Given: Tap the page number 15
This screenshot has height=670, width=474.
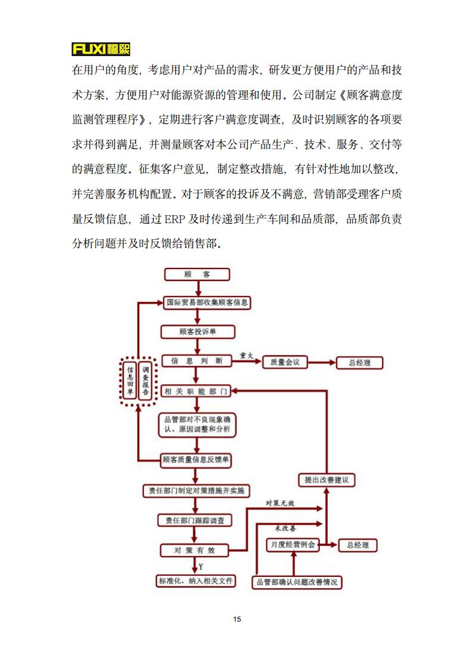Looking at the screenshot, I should pos(237,619).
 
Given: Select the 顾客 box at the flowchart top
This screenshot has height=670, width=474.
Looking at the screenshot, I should pos(196,274).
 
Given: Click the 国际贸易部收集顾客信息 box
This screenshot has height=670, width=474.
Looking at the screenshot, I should pos(207,303).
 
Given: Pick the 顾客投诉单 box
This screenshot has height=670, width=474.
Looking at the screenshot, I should pos(197,332).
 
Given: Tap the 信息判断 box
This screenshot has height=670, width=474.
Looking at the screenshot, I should pos(196,361).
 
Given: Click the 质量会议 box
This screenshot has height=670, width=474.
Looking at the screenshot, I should pos(288,362).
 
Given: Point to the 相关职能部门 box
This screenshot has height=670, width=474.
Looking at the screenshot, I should pos(196,391).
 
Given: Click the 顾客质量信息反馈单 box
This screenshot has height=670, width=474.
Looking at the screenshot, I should pos(196,460).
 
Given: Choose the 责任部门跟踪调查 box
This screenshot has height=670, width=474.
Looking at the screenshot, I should pos(195,520).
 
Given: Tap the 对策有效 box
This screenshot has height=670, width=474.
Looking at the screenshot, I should pos(195,549).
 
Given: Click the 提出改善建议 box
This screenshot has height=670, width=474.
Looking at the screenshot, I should pos(326,480).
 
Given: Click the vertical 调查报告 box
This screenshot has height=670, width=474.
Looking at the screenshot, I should pos(146,382).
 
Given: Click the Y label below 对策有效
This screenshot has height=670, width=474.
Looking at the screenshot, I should pos(201,566).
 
